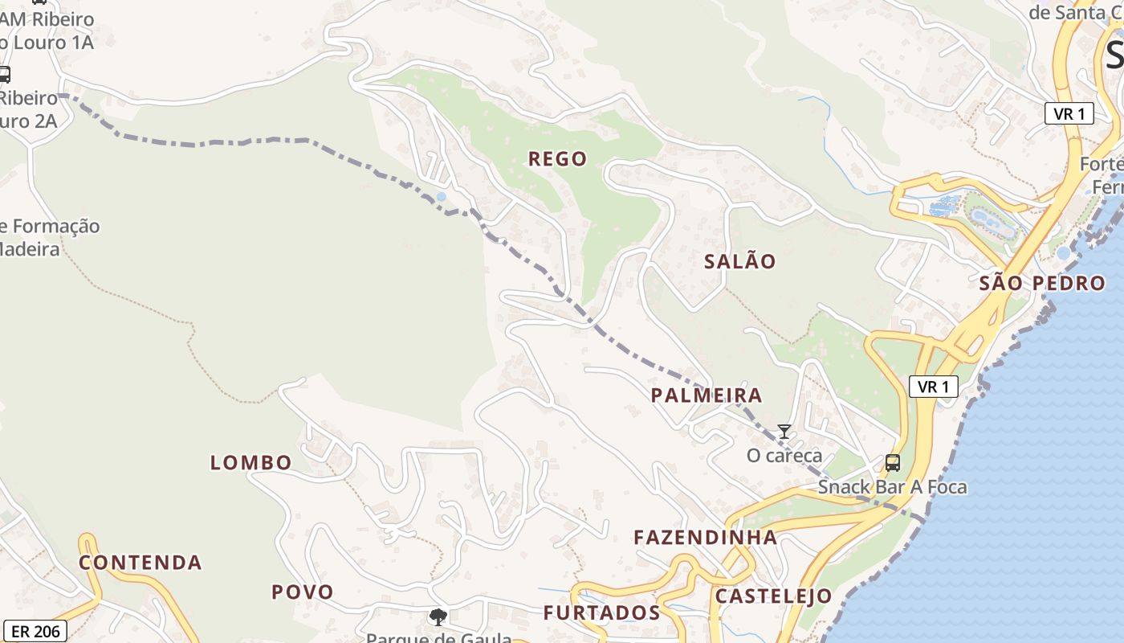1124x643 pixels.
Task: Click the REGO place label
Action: [x=557, y=159]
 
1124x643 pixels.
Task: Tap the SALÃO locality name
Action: [x=739, y=261]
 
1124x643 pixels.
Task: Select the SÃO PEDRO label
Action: [x=1042, y=283]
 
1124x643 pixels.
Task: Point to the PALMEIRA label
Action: [x=707, y=395]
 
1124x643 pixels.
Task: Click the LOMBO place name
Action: [x=250, y=463]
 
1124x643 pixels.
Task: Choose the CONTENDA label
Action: [x=140, y=563]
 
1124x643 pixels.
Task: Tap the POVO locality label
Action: [x=303, y=592]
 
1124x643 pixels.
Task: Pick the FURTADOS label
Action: [x=601, y=613]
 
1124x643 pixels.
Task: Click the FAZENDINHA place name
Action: [x=705, y=538]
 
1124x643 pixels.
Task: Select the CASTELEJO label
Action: [x=773, y=596]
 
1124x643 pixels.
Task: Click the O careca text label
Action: [x=784, y=456]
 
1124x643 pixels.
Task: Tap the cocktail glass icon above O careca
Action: [x=784, y=432]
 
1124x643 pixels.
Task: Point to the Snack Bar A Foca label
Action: [x=892, y=487]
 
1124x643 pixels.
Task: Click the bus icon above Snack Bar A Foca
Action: [x=892, y=462]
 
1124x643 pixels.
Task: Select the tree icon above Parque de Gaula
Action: [x=438, y=617]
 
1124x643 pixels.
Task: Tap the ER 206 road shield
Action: [x=35, y=631]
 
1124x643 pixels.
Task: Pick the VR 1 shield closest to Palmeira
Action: [x=934, y=387]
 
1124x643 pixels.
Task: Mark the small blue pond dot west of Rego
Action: [x=441, y=196]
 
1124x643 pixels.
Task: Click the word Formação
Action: [x=55, y=226]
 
